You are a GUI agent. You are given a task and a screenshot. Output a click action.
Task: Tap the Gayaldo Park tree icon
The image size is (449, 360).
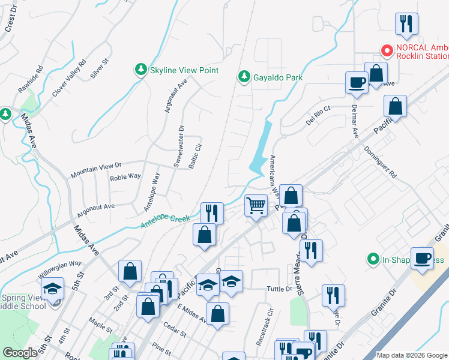pos(244,77)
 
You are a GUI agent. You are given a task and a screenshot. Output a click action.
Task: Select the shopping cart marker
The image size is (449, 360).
pos(256,206)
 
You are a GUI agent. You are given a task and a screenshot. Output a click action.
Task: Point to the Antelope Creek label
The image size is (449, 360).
pos(165,222)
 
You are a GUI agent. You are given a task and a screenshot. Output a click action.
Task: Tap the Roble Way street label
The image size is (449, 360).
pos(125,177)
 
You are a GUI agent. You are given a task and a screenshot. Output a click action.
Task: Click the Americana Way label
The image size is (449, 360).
pos(275,174)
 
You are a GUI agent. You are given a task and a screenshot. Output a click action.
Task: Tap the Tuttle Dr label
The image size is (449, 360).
pos(279,289)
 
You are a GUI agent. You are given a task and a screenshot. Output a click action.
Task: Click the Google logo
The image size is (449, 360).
pos(20,352)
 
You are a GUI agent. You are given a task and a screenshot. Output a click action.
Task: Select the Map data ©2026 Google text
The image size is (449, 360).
pos(411,355)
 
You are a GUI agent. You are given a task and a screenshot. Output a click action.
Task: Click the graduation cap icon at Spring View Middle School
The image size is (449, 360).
pos(53,289)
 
